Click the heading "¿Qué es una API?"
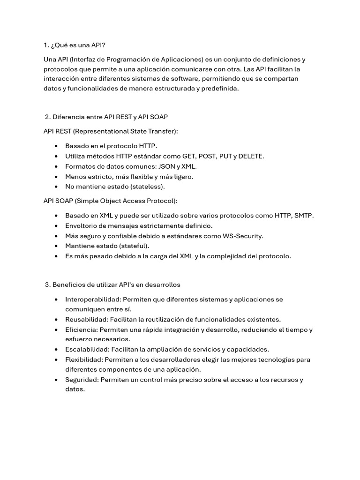click(x=78, y=45)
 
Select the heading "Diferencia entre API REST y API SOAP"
click(x=113, y=117)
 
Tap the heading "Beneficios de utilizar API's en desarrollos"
click(x=116, y=285)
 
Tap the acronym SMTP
click(x=303, y=215)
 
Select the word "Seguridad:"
click(x=82, y=379)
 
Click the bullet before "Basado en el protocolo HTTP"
click(x=56, y=146)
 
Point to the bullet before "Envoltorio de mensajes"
click(x=56, y=226)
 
